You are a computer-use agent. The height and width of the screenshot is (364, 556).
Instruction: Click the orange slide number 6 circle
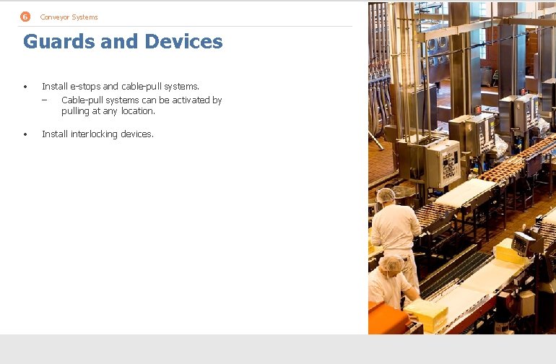(x=25, y=17)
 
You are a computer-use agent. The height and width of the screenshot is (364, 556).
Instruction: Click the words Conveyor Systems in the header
(x=69, y=17)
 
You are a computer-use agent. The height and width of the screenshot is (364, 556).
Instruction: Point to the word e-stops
(x=86, y=87)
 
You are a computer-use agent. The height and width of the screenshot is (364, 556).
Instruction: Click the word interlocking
(x=95, y=134)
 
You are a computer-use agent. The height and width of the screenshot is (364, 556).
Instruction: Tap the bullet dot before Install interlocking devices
(x=25, y=134)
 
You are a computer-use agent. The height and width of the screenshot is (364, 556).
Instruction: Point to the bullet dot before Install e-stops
(x=25, y=87)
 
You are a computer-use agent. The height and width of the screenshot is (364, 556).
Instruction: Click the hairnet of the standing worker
(x=386, y=194)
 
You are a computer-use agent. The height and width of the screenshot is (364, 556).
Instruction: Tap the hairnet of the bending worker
(x=391, y=264)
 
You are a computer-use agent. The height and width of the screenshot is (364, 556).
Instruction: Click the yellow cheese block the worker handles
(x=426, y=312)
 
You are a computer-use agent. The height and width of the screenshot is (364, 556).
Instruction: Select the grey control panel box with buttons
(x=442, y=162)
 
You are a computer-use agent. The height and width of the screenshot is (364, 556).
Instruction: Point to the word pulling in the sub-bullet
(x=76, y=111)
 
